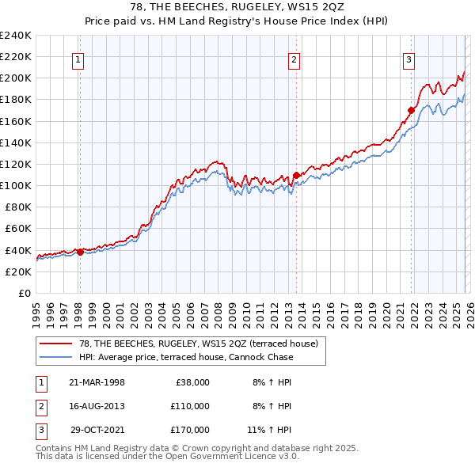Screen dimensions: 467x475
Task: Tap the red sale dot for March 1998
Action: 80,252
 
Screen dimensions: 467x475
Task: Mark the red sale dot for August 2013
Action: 295,175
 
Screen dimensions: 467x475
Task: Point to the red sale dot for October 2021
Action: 412,110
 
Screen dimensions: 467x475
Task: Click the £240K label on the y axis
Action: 16,36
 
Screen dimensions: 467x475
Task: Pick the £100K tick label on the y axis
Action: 16,185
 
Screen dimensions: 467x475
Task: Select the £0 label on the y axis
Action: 24,293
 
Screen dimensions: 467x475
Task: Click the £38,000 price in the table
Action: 191,382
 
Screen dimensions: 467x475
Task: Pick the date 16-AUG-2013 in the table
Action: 97,406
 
